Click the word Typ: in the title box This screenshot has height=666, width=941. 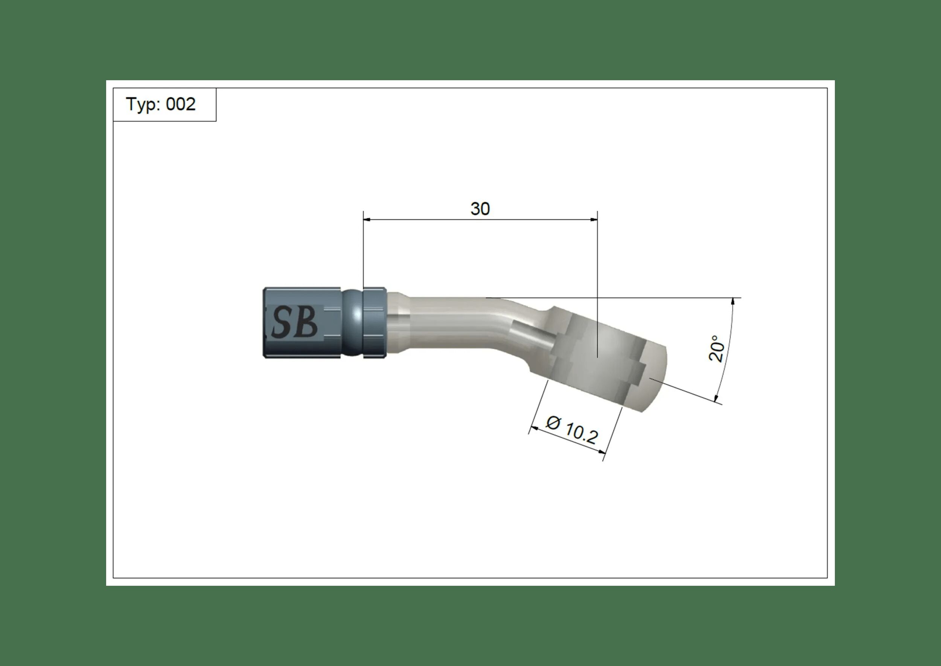pos(143,105)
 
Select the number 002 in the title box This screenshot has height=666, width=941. pos(181,105)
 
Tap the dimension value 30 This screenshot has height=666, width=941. pos(480,209)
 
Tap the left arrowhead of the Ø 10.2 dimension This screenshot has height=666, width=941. pos(533,429)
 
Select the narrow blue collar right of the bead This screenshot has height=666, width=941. pos(374,322)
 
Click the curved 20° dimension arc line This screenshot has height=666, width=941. pos(729,348)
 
